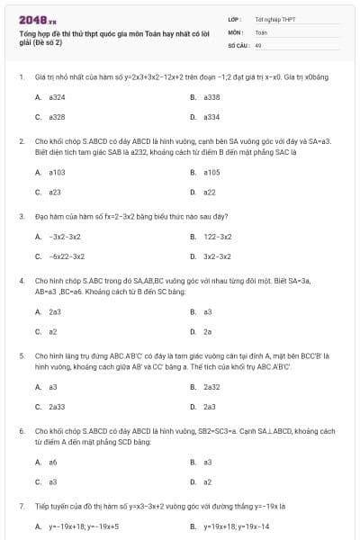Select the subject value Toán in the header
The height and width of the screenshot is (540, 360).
pos(261,31)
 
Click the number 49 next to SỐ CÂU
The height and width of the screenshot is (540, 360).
pos(258,44)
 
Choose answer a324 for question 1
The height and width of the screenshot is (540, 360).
pos(57,96)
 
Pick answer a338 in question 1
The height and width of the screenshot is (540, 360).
pos(211,96)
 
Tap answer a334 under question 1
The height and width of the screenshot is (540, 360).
pos(211,117)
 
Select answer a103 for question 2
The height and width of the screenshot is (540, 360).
pos(57,172)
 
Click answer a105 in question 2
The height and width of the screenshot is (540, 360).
pos(211,172)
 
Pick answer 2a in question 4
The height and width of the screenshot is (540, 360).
pos(208,331)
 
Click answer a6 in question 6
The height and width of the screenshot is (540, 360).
pos(53,462)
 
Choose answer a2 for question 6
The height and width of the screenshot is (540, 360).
pos(207,481)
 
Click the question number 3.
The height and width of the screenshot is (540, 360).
pos(21,216)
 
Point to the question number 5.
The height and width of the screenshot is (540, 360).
pos(21,355)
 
